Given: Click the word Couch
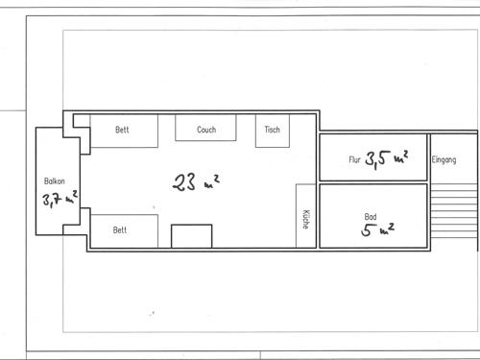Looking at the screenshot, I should tap(205, 130).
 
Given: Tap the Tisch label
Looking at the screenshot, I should tap(272, 130).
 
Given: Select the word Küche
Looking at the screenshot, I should tap(305, 219).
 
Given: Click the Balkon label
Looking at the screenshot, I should tap(54, 180).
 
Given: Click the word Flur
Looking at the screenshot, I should tap(354, 160).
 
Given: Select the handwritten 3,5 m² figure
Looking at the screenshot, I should tap(388, 159).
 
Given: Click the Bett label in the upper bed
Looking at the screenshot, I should tap(122, 130).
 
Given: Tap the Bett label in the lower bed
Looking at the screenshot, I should tap(120, 230).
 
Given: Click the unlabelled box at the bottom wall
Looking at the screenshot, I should tap(191, 236).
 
